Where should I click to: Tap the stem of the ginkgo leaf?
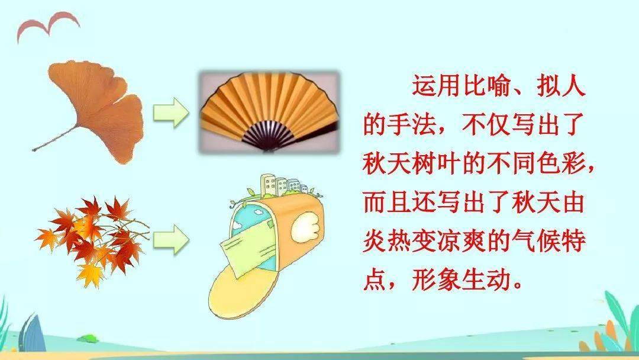[x=54, y=139]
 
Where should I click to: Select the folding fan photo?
[x=269, y=112]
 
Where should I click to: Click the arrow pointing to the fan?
[x=171, y=112]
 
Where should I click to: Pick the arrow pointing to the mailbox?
[x=171, y=239]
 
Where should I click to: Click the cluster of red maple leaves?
[x=92, y=240]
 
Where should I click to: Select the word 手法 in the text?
[x=412, y=124]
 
